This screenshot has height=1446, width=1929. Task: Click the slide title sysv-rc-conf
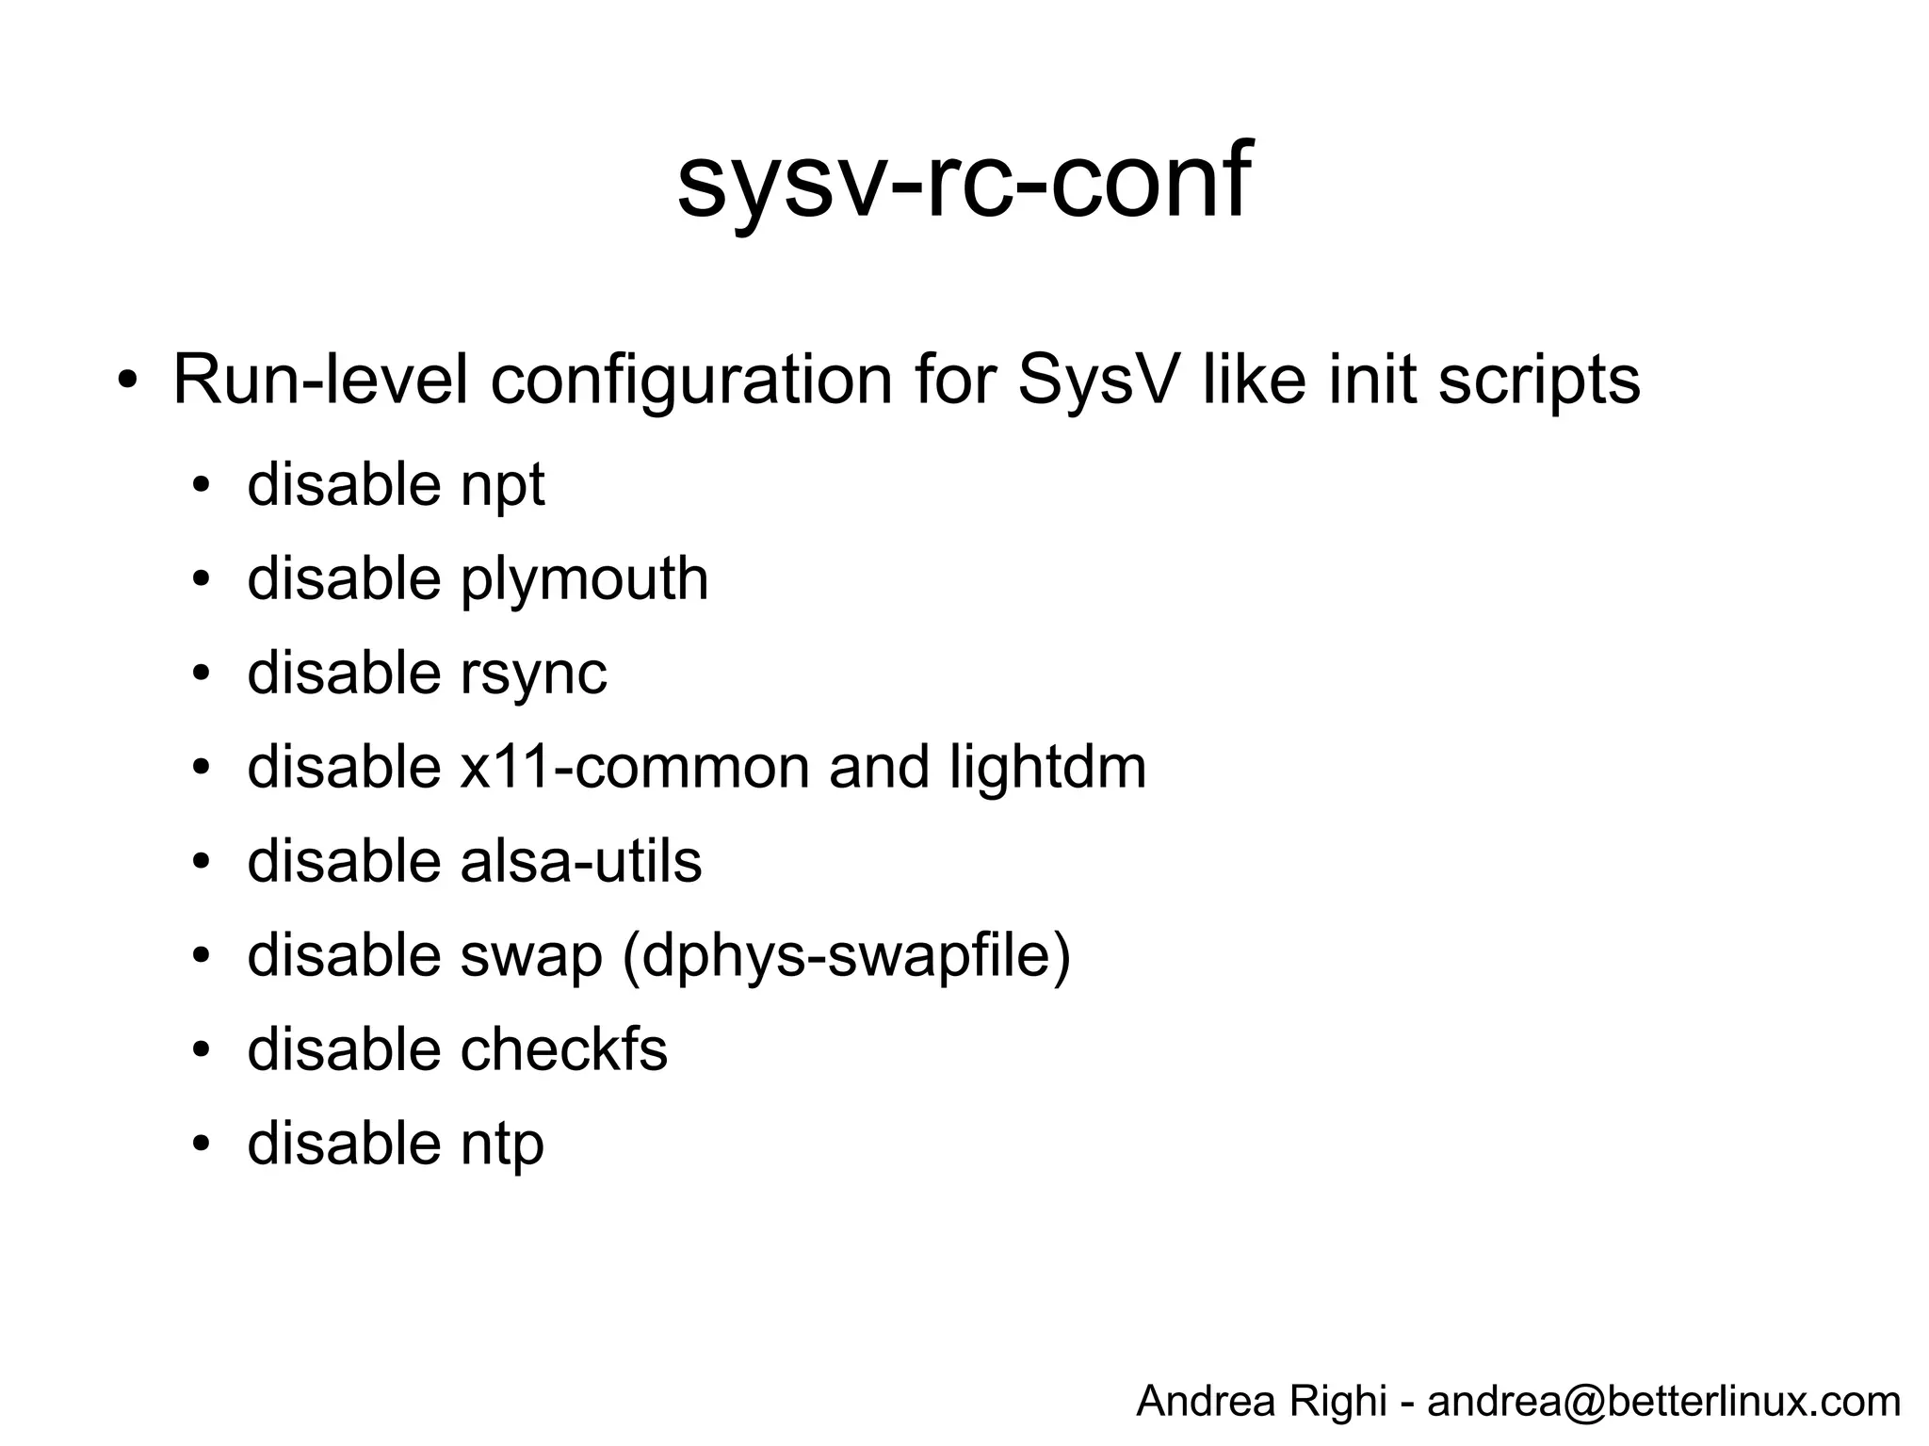click(964, 181)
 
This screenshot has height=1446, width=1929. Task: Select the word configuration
click(691, 382)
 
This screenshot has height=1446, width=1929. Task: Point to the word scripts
click(1538, 382)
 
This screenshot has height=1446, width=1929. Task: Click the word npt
click(502, 487)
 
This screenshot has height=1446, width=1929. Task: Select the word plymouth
click(584, 579)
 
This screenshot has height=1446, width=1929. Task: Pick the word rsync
click(533, 674)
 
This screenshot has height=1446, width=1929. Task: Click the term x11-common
click(635, 767)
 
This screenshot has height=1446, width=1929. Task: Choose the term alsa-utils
click(581, 861)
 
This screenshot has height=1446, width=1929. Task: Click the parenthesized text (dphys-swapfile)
click(846, 956)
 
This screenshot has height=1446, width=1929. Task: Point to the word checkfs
click(563, 1049)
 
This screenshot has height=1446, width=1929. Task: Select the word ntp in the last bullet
click(502, 1145)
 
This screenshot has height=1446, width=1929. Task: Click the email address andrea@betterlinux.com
click(1663, 1401)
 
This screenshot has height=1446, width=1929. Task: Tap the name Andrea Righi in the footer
click(1261, 1401)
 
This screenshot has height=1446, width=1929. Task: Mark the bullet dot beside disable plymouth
click(200, 579)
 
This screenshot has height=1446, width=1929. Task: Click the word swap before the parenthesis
click(531, 956)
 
